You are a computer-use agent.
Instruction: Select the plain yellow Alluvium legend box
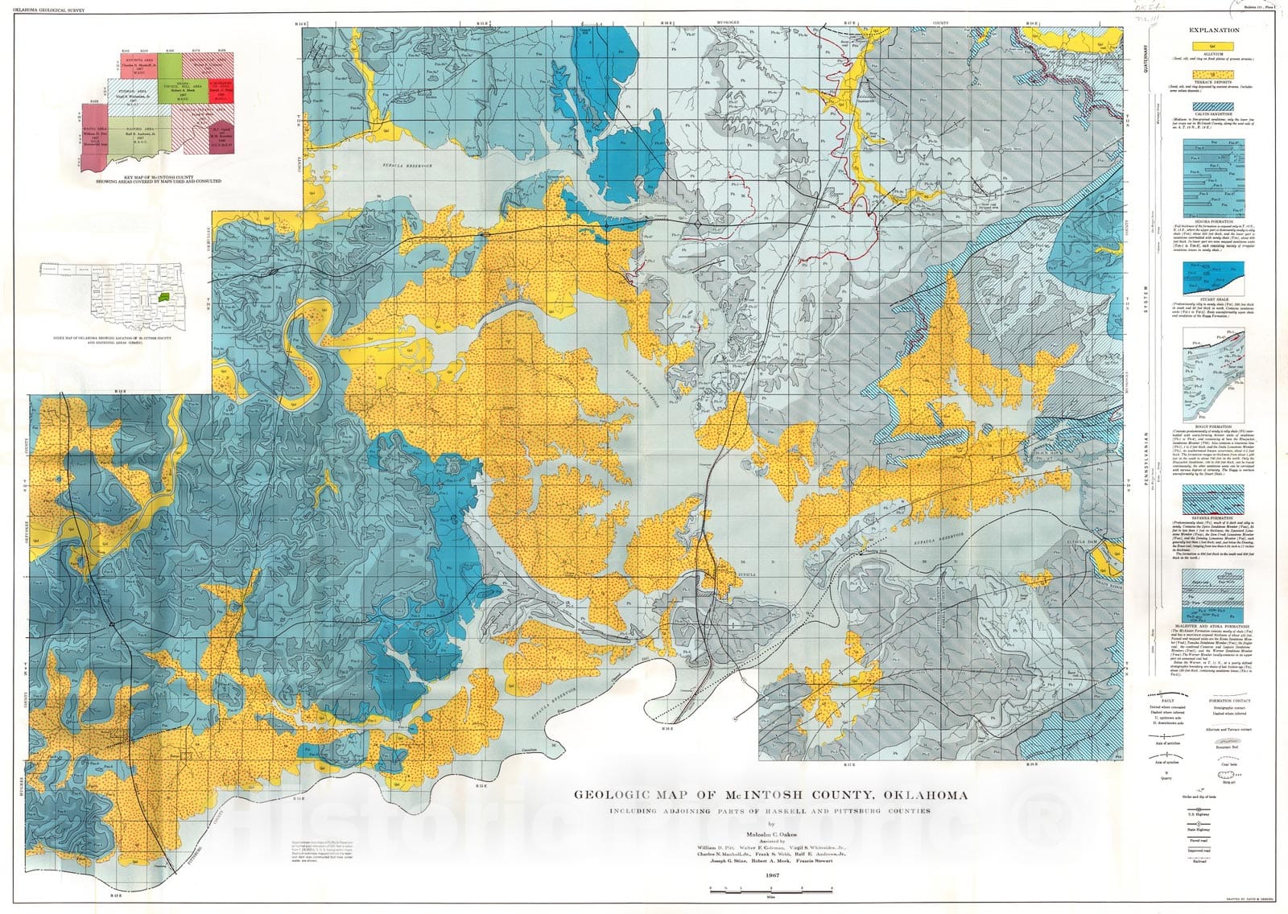1212,47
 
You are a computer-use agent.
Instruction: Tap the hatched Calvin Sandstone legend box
1212,105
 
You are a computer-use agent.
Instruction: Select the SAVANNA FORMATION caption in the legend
1213,519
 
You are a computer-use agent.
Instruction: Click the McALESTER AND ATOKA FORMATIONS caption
1213,625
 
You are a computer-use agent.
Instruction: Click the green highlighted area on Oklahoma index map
165,298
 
